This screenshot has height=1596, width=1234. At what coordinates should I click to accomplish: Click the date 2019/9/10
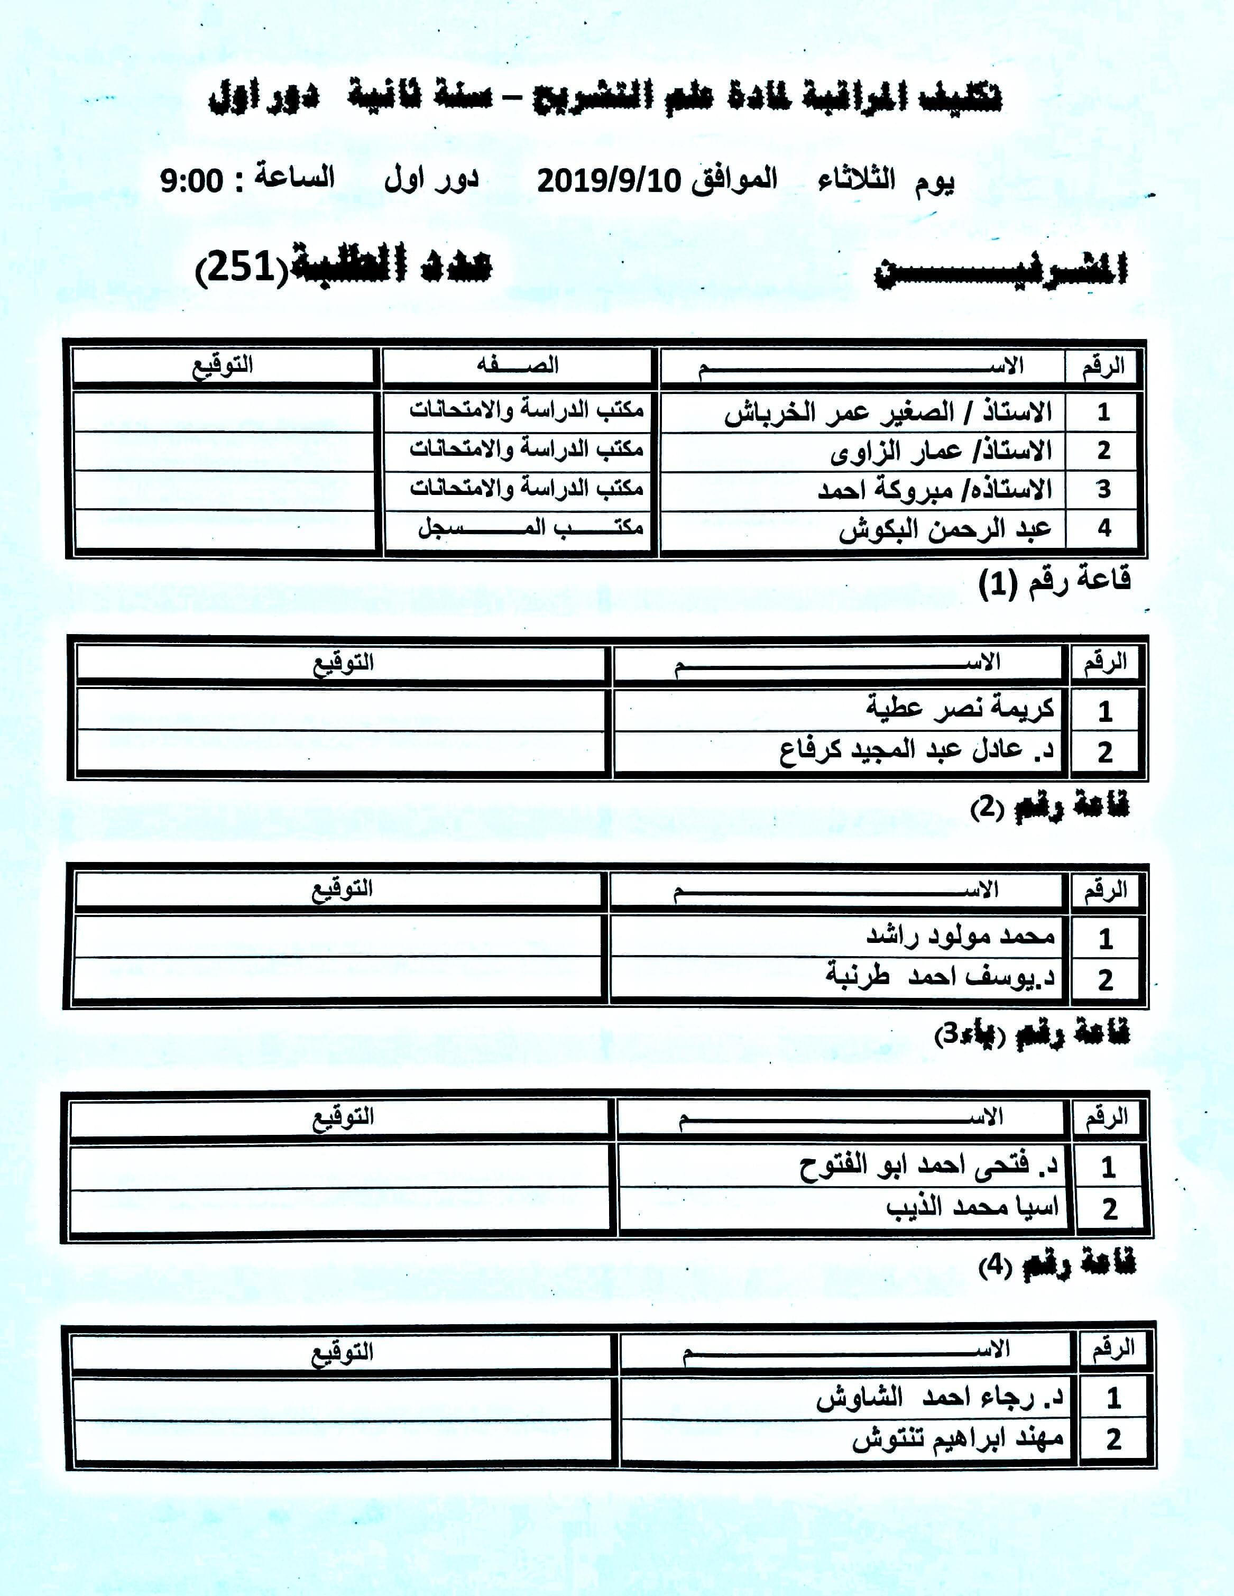point(609,180)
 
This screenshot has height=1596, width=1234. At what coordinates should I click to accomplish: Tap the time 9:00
point(191,180)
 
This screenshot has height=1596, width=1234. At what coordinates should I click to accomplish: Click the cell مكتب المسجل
point(530,528)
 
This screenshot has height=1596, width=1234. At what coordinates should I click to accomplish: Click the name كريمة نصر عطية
point(960,708)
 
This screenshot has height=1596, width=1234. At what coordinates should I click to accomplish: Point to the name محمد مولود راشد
point(960,936)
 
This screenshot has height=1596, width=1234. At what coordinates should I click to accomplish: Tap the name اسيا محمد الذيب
point(972,1206)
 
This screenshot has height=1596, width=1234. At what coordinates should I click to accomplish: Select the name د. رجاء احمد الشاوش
point(940,1398)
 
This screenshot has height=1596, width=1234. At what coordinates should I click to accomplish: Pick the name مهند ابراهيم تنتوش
point(957,1439)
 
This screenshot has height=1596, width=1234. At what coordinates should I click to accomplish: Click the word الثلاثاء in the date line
point(857,180)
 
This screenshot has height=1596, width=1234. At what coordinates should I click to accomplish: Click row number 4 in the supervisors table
point(1104,528)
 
